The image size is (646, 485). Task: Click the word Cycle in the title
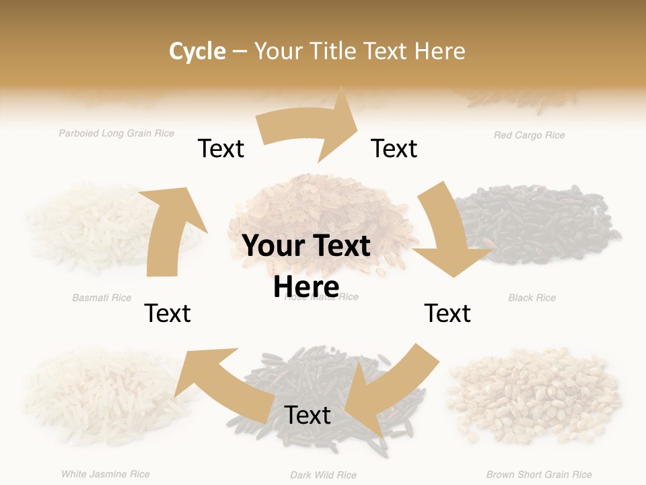(x=197, y=51)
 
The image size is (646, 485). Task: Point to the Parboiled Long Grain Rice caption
(x=116, y=133)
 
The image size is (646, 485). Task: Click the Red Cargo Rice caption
(x=529, y=135)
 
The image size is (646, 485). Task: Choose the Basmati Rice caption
(x=102, y=298)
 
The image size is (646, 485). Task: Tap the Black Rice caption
(x=532, y=298)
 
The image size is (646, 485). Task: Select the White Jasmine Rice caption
(x=106, y=474)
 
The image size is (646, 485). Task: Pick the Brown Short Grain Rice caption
(x=539, y=475)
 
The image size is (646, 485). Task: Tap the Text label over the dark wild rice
(x=308, y=415)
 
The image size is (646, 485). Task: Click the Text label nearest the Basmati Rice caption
(x=168, y=313)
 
